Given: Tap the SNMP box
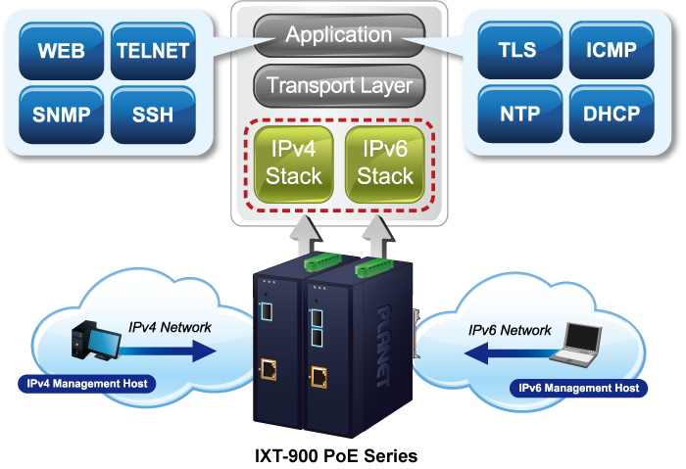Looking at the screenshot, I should coord(61,114).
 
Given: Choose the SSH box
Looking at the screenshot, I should coord(152,114).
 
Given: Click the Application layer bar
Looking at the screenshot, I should coord(338,36).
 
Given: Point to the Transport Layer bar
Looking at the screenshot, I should coord(338,86).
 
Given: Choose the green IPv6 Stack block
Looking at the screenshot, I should coord(385,163).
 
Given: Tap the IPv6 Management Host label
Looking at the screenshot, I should coord(578,389).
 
